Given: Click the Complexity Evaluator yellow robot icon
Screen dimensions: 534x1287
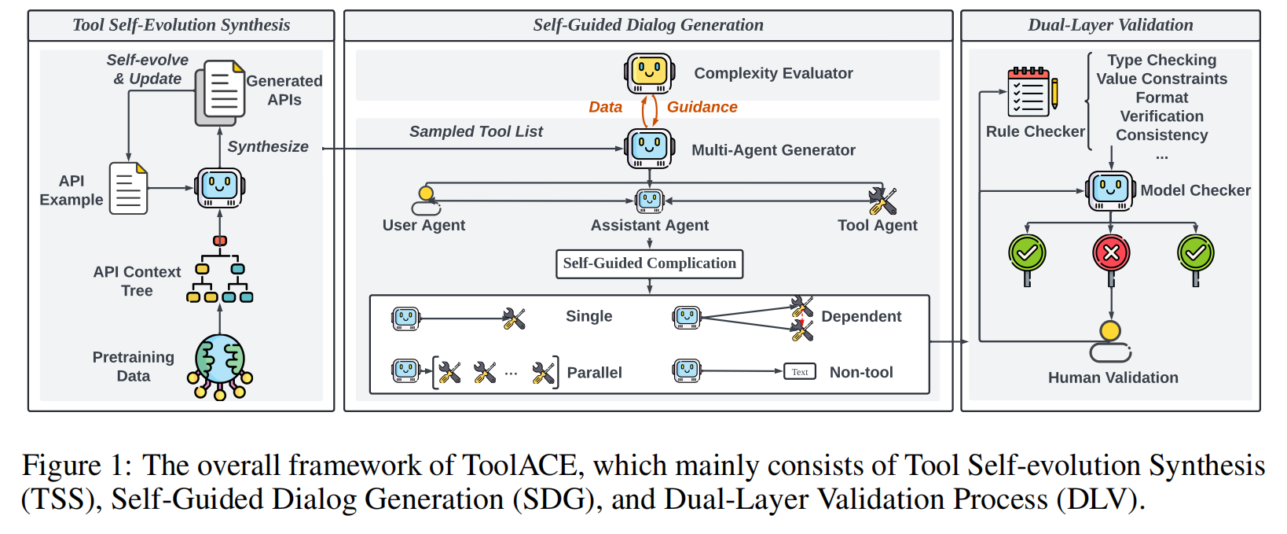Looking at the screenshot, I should pos(649,72).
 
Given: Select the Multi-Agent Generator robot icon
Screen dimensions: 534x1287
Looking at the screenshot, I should pos(649,148).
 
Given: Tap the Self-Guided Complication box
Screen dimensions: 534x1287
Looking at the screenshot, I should pos(649,263).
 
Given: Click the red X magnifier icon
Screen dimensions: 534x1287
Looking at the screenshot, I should pos(1111,254).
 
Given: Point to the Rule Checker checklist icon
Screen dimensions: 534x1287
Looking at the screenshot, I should pos(1031,93).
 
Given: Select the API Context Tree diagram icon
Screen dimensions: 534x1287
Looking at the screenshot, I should pos(220,271).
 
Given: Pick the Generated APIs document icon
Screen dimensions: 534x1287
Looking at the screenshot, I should pos(220,91).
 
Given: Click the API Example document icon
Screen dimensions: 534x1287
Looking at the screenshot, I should pos(128,189).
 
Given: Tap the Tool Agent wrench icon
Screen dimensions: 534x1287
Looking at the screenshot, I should pos(882,201).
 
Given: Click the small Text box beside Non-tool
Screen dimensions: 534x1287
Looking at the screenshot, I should pos(800,372).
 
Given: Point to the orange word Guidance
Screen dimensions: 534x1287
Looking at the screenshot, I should pos(702,107).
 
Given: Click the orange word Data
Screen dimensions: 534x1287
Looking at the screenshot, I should pos(605,107).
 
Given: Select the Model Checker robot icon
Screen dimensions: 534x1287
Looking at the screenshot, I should pos(1110,190).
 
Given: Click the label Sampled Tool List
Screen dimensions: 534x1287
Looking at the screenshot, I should pos(475,131).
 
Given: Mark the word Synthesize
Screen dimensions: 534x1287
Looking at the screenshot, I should pos(268,146).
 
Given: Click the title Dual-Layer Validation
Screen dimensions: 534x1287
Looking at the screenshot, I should pos(1110,25).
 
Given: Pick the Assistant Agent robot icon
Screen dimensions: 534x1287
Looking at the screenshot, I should pos(649,201).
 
